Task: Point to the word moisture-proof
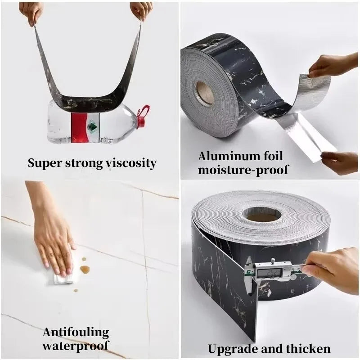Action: point(243,170)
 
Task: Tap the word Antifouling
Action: point(76,333)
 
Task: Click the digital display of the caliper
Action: point(269,273)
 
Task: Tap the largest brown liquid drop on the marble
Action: point(85,270)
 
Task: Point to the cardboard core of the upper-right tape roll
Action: point(205,94)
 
